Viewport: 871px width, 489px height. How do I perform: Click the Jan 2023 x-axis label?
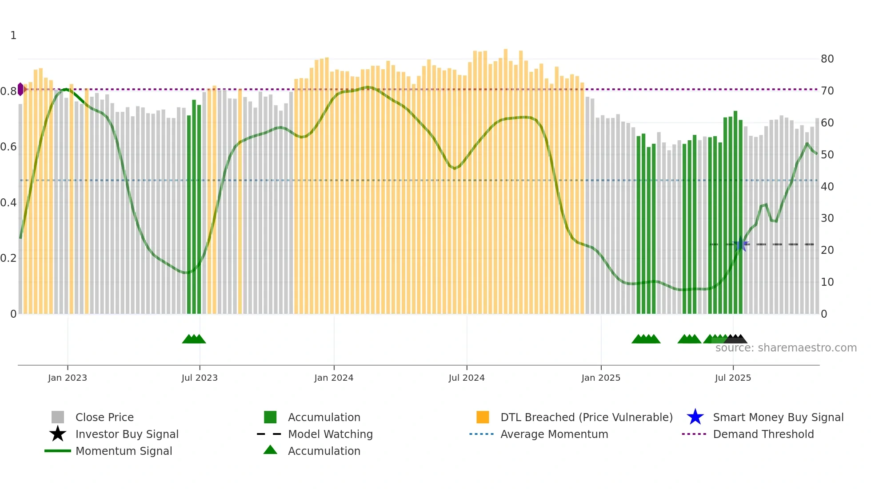pos(68,378)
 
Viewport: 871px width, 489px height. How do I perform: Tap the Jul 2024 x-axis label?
pos(467,378)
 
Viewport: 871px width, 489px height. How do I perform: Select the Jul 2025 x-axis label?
pos(733,378)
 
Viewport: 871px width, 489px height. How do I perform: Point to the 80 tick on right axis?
pos(827,59)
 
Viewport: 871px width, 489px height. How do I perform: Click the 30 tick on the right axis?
pos(827,218)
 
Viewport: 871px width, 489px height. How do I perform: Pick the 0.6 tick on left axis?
pos(8,147)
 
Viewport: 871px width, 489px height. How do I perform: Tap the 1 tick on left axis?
pos(13,35)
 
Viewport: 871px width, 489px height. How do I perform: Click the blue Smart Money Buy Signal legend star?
pos(695,417)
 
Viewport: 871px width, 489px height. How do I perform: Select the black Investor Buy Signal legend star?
pos(58,434)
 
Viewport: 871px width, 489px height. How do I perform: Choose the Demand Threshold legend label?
pos(763,434)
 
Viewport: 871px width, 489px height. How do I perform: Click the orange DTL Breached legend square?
pos(483,417)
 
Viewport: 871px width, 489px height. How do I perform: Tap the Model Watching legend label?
pos(330,434)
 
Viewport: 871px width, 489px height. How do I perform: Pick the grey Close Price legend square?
pos(58,417)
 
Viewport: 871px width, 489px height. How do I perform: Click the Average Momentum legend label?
pos(554,434)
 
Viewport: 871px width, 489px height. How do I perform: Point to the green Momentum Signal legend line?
pos(58,451)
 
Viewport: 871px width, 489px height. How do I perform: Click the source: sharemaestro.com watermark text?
pos(786,348)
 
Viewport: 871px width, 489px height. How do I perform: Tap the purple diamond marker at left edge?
pos(20,89)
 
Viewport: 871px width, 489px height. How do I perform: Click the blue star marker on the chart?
pos(741,244)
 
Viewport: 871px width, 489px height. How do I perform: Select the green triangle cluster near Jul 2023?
pos(194,339)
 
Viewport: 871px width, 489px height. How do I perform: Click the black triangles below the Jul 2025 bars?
pos(735,339)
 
